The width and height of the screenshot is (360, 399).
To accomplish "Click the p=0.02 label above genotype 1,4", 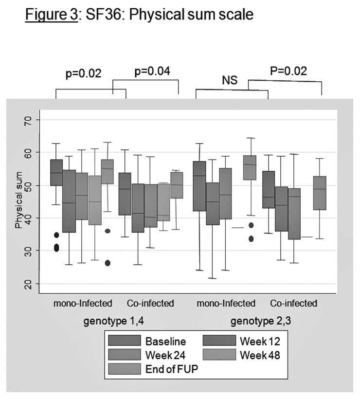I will point(83,74).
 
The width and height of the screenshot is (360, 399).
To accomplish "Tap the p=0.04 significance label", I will point(152,72).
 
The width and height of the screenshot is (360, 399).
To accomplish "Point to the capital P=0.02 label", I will point(288,71).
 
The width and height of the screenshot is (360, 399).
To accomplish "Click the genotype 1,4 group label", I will point(105,321).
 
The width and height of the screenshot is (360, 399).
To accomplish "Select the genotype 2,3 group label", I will point(257,321).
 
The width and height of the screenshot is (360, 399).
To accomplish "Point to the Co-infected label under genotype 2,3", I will point(293,304).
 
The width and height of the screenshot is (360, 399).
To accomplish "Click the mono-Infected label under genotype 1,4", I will point(83,304).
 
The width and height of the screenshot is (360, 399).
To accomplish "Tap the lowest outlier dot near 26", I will point(107,263).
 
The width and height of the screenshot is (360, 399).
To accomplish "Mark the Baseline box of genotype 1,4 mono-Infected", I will point(56,172).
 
